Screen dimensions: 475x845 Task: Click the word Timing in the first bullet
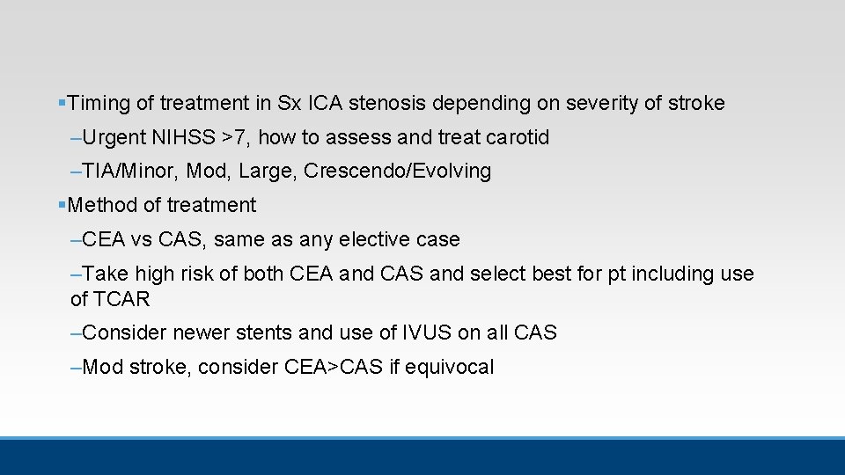pyautogui.click(x=99, y=104)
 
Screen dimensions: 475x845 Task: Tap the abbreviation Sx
pyautogui.click(x=289, y=104)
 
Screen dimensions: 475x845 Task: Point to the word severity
pyautogui.click(x=603, y=104)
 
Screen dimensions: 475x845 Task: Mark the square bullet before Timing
pyautogui.click(x=61, y=104)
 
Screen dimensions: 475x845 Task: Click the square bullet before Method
pyautogui.click(x=61, y=206)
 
